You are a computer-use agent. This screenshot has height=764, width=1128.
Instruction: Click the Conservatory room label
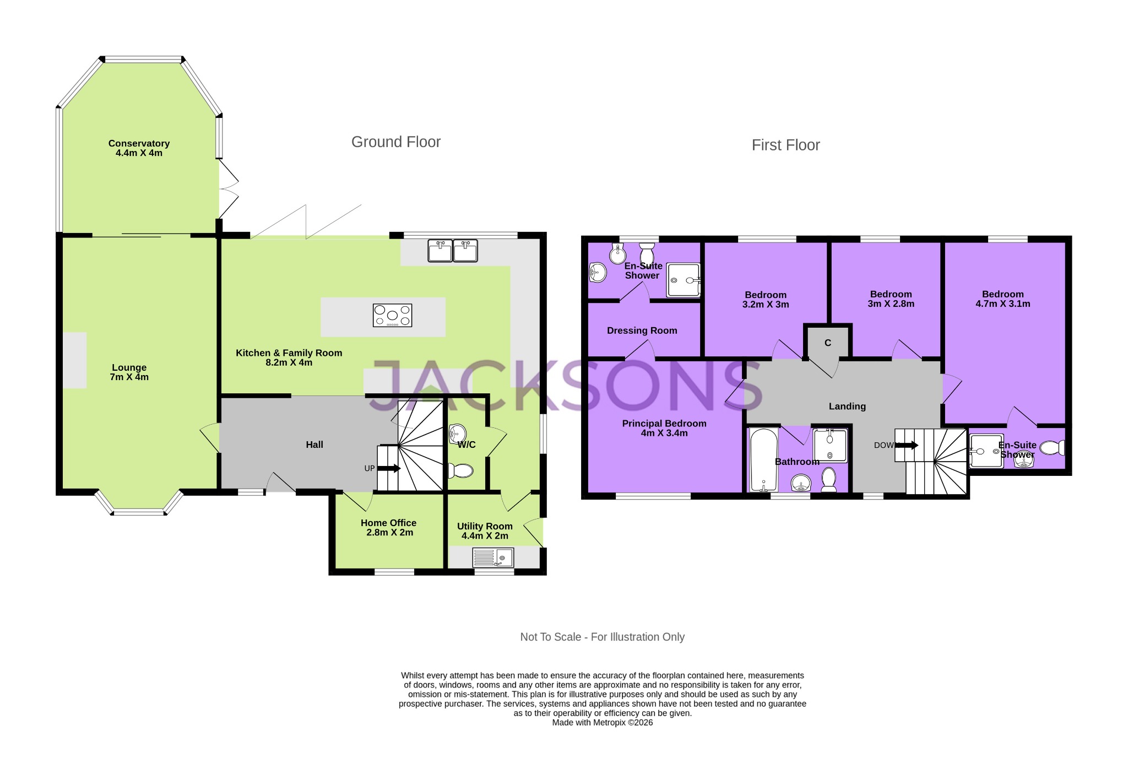(x=139, y=148)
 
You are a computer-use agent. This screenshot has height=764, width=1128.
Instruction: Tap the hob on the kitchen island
(x=392, y=316)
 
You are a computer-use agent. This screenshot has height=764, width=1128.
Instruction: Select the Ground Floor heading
(x=395, y=142)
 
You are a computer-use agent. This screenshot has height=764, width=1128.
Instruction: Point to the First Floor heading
(x=785, y=145)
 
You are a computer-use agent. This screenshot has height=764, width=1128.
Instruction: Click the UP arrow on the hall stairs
(x=389, y=468)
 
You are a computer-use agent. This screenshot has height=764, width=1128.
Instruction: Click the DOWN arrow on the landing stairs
(x=906, y=445)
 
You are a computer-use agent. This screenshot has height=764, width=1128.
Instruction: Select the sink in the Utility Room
(x=493, y=558)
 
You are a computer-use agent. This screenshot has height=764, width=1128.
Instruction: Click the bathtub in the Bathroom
(x=763, y=460)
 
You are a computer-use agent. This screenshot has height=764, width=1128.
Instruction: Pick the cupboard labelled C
(x=828, y=343)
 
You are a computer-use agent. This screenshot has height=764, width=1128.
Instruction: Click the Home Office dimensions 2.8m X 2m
(x=389, y=533)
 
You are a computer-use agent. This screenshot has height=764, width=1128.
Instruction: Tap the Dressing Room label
(x=642, y=330)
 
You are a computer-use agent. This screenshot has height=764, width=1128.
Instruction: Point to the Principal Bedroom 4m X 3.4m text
(x=664, y=428)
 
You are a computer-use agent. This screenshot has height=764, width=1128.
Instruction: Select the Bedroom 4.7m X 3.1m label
(x=1002, y=299)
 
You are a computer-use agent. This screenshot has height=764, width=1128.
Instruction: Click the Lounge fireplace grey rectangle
(x=74, y=360)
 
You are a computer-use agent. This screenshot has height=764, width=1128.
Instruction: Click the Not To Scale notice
(x=602, y=637)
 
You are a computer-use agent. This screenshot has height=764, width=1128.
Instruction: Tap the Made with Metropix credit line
(x=602, y=723)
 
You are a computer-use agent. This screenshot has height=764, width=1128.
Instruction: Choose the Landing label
(x=847, y=407)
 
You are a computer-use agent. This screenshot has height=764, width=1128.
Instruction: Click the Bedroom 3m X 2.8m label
(x=891, y=299)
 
